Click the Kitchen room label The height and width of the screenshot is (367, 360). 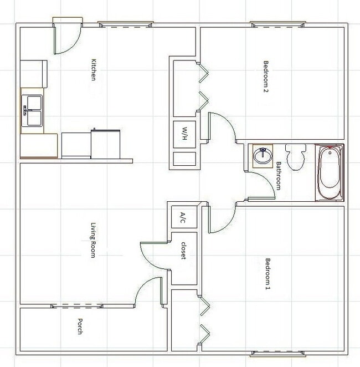(x=94, y=70)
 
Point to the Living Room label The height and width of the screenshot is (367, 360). (x=94, y=239)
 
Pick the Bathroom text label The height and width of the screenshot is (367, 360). (x=278, y=176)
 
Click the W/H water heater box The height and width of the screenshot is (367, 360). (x=184, y=134)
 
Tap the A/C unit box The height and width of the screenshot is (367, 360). (x=182, y=217)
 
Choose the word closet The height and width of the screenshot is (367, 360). (x=182, y=253)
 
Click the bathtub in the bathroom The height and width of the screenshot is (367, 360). (x=329, y=173)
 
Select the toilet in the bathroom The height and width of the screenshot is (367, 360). (x=296, y=156)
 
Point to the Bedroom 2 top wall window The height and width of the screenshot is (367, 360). (x=277, y=23)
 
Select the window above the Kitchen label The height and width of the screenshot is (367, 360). (x=126, y=23)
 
